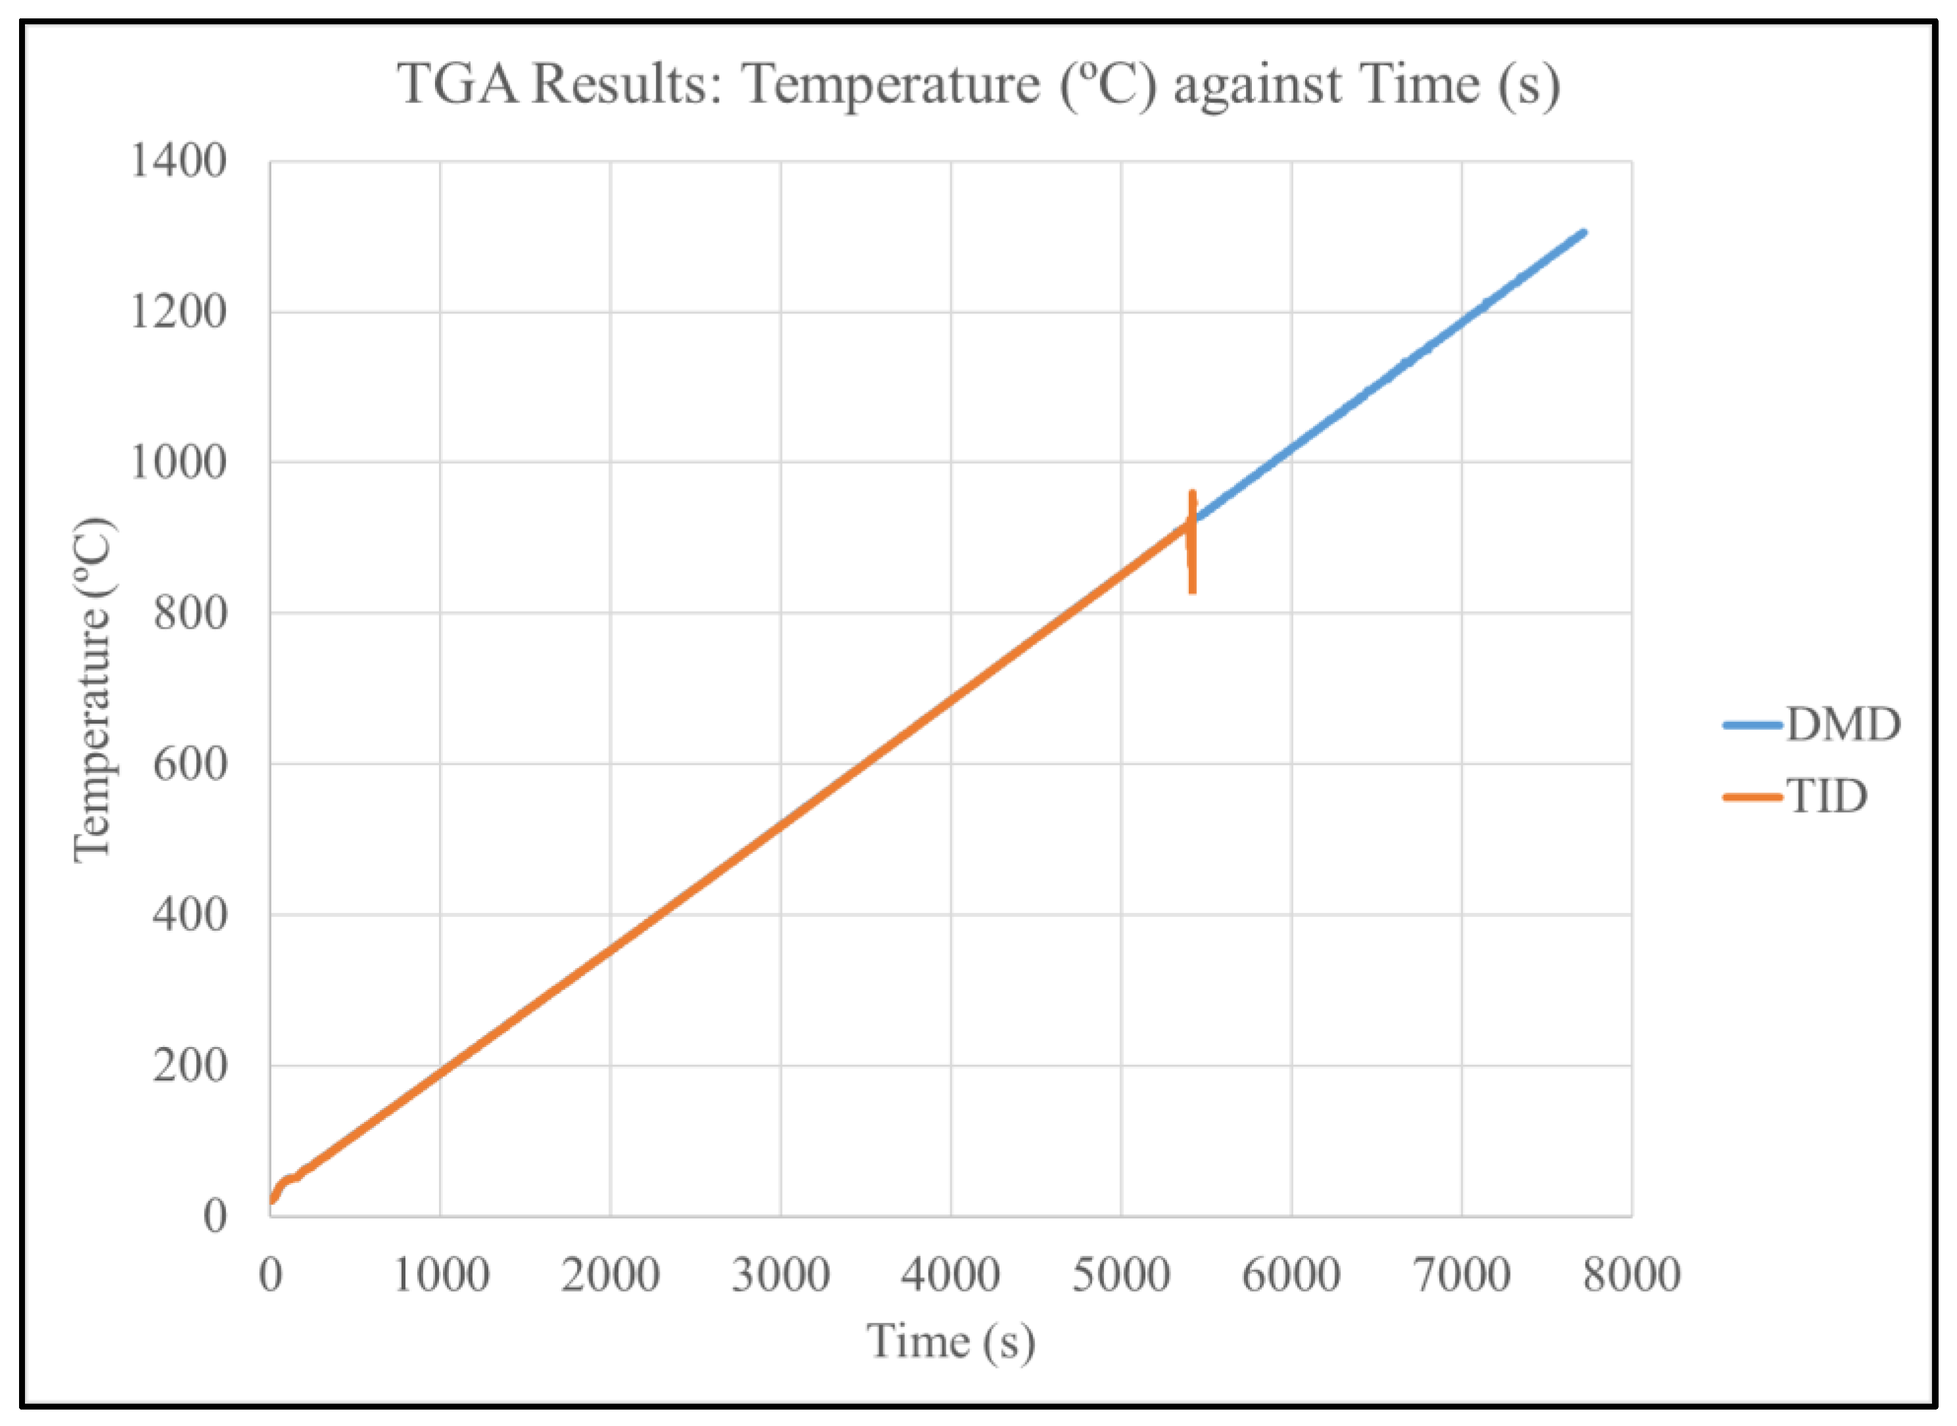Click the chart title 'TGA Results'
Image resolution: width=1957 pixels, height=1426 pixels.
pos(978,85)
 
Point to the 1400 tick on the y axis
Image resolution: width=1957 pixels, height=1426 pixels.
pos(178,162)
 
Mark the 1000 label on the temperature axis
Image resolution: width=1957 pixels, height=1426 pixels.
pos(178,462)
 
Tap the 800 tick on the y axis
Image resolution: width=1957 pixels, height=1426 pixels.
pos(190,613)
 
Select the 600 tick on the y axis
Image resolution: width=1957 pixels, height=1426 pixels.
pos(190,764)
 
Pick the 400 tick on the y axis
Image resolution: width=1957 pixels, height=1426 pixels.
pos(190,915)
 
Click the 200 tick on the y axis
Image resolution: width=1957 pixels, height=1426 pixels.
pos(190,1066)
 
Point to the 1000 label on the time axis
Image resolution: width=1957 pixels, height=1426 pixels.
pos(440,1275)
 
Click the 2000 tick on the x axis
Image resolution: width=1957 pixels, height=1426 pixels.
pos(610,1275)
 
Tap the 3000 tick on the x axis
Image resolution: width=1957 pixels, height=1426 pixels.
pos(781,1275)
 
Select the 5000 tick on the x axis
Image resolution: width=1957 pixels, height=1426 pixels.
pos(1121,1275)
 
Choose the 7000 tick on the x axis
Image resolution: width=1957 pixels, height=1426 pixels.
pos(1462,1275)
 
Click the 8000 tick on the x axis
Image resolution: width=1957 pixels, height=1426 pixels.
pos(1632,1275)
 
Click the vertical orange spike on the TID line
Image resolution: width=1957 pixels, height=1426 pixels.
pos(1193,544)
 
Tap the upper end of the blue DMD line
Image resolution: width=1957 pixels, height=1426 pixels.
pos(1583,233)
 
